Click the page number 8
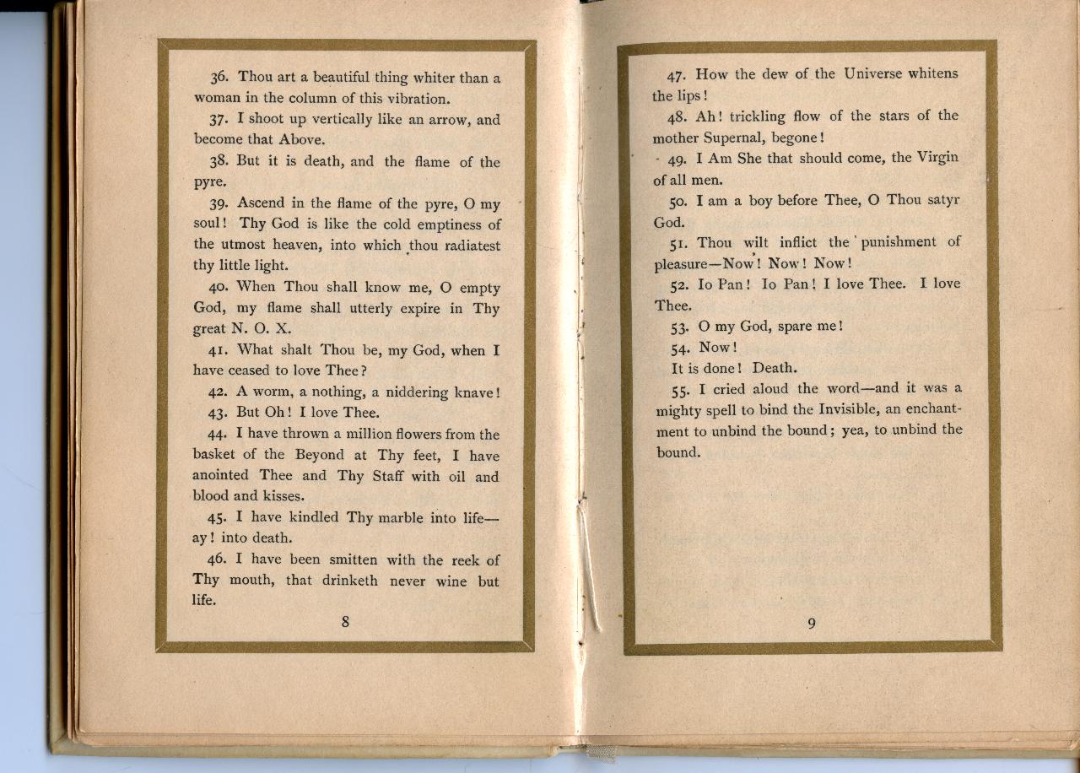[x=345, y=623]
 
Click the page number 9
[x=811, y=624]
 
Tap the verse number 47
[x=678, y=74]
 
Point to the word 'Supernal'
[x=732, y=137]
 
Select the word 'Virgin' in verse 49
[x=937, y=158]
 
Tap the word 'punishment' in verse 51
[x=897, y=242]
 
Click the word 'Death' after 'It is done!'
[x=775, y=368]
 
